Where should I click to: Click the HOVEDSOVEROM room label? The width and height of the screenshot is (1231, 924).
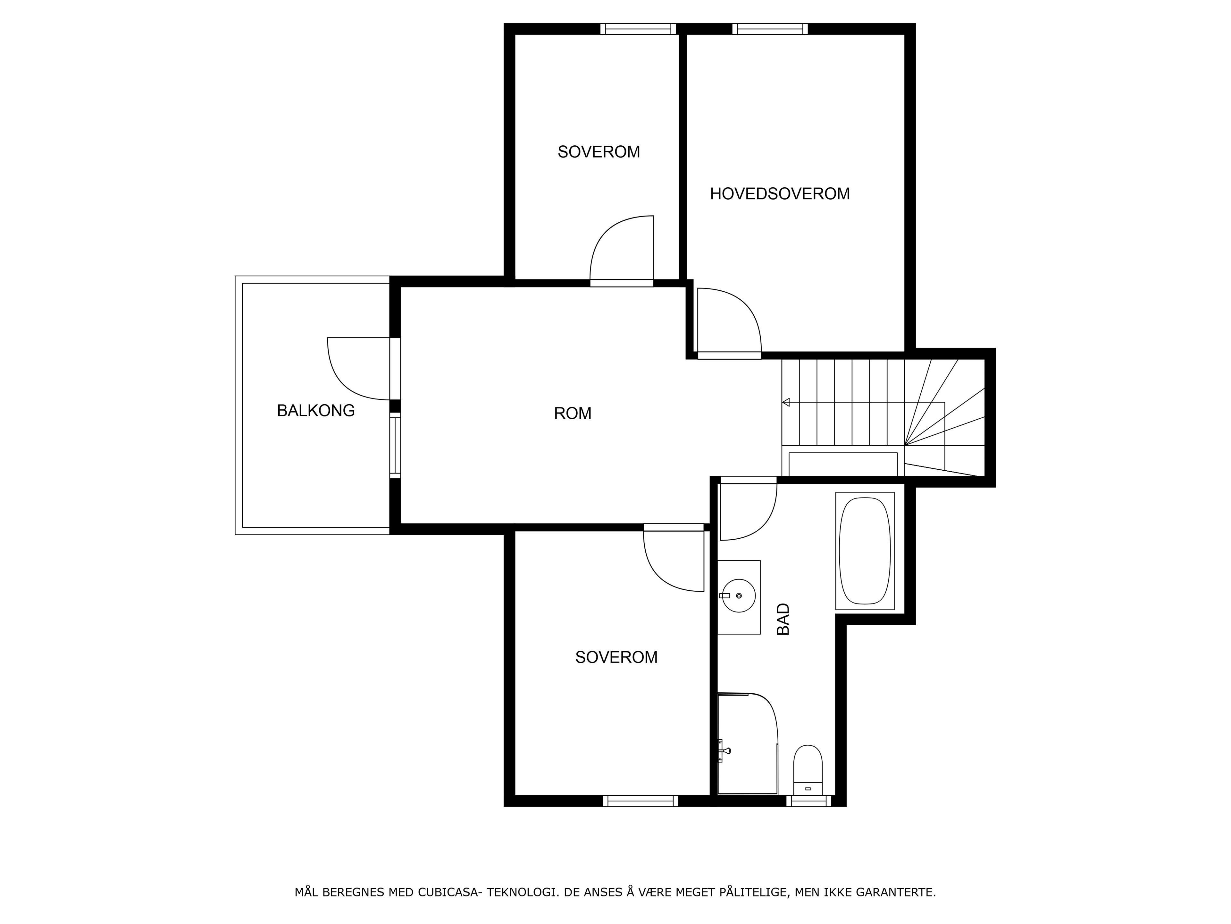pos(780,194)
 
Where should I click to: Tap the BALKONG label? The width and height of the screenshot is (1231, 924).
pos(315,410)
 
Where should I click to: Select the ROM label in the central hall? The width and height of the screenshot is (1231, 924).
pos(573,413)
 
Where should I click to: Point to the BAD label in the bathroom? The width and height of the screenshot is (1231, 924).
pos(783,619)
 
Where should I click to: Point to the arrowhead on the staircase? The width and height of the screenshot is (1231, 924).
pos(786,402)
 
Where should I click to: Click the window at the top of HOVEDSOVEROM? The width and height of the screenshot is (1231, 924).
pos(770,29)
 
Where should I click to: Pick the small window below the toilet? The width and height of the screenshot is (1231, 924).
pos(808,801)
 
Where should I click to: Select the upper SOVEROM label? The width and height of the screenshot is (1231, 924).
pos(599,152)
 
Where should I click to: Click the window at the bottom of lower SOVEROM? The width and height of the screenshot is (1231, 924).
pos(641,801)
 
